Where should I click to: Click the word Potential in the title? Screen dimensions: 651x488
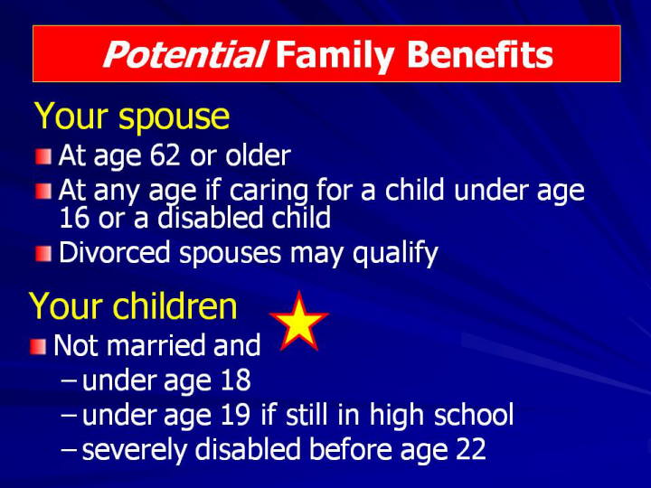coord(184,55)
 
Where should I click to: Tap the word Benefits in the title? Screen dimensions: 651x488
coord(480,55)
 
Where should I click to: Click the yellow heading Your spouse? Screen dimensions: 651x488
coord(132,117)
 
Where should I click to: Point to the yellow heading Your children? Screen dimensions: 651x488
coord(133,306)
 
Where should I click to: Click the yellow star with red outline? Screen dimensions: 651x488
coord(299,321)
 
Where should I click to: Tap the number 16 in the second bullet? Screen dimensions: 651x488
coord(74,218)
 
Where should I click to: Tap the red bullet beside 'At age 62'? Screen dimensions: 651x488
coord(43,157)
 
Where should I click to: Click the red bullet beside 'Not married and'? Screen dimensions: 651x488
coord(38,347)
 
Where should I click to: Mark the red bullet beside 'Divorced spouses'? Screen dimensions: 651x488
coord(43,254)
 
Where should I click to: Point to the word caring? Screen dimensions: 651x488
coord(269,192)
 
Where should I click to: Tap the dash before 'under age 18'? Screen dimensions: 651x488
coord(69,380)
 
